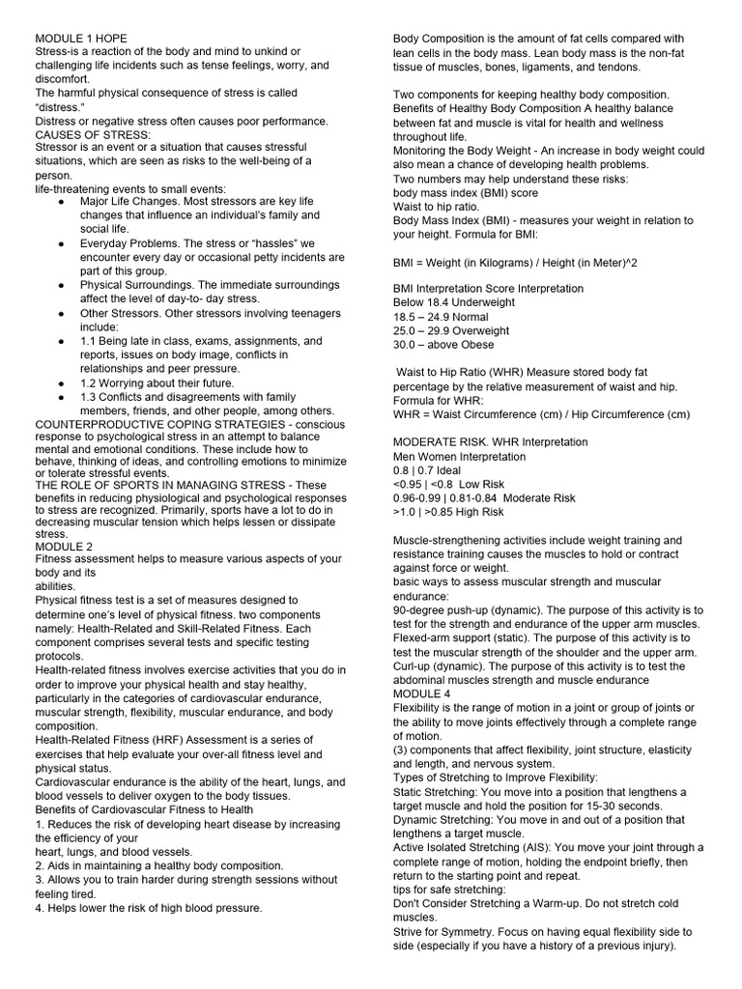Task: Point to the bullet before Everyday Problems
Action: [x=61, y=243]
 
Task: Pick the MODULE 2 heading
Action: [x=64, y=546]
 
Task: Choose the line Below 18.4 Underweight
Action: [x=454, y=302]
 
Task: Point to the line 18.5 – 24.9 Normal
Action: [x=440, y=317]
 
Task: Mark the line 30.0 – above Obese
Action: [x=443, y=345]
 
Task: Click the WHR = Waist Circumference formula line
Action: [x=541, y=414]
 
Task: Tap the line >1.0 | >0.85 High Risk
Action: [x=448, y=512]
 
